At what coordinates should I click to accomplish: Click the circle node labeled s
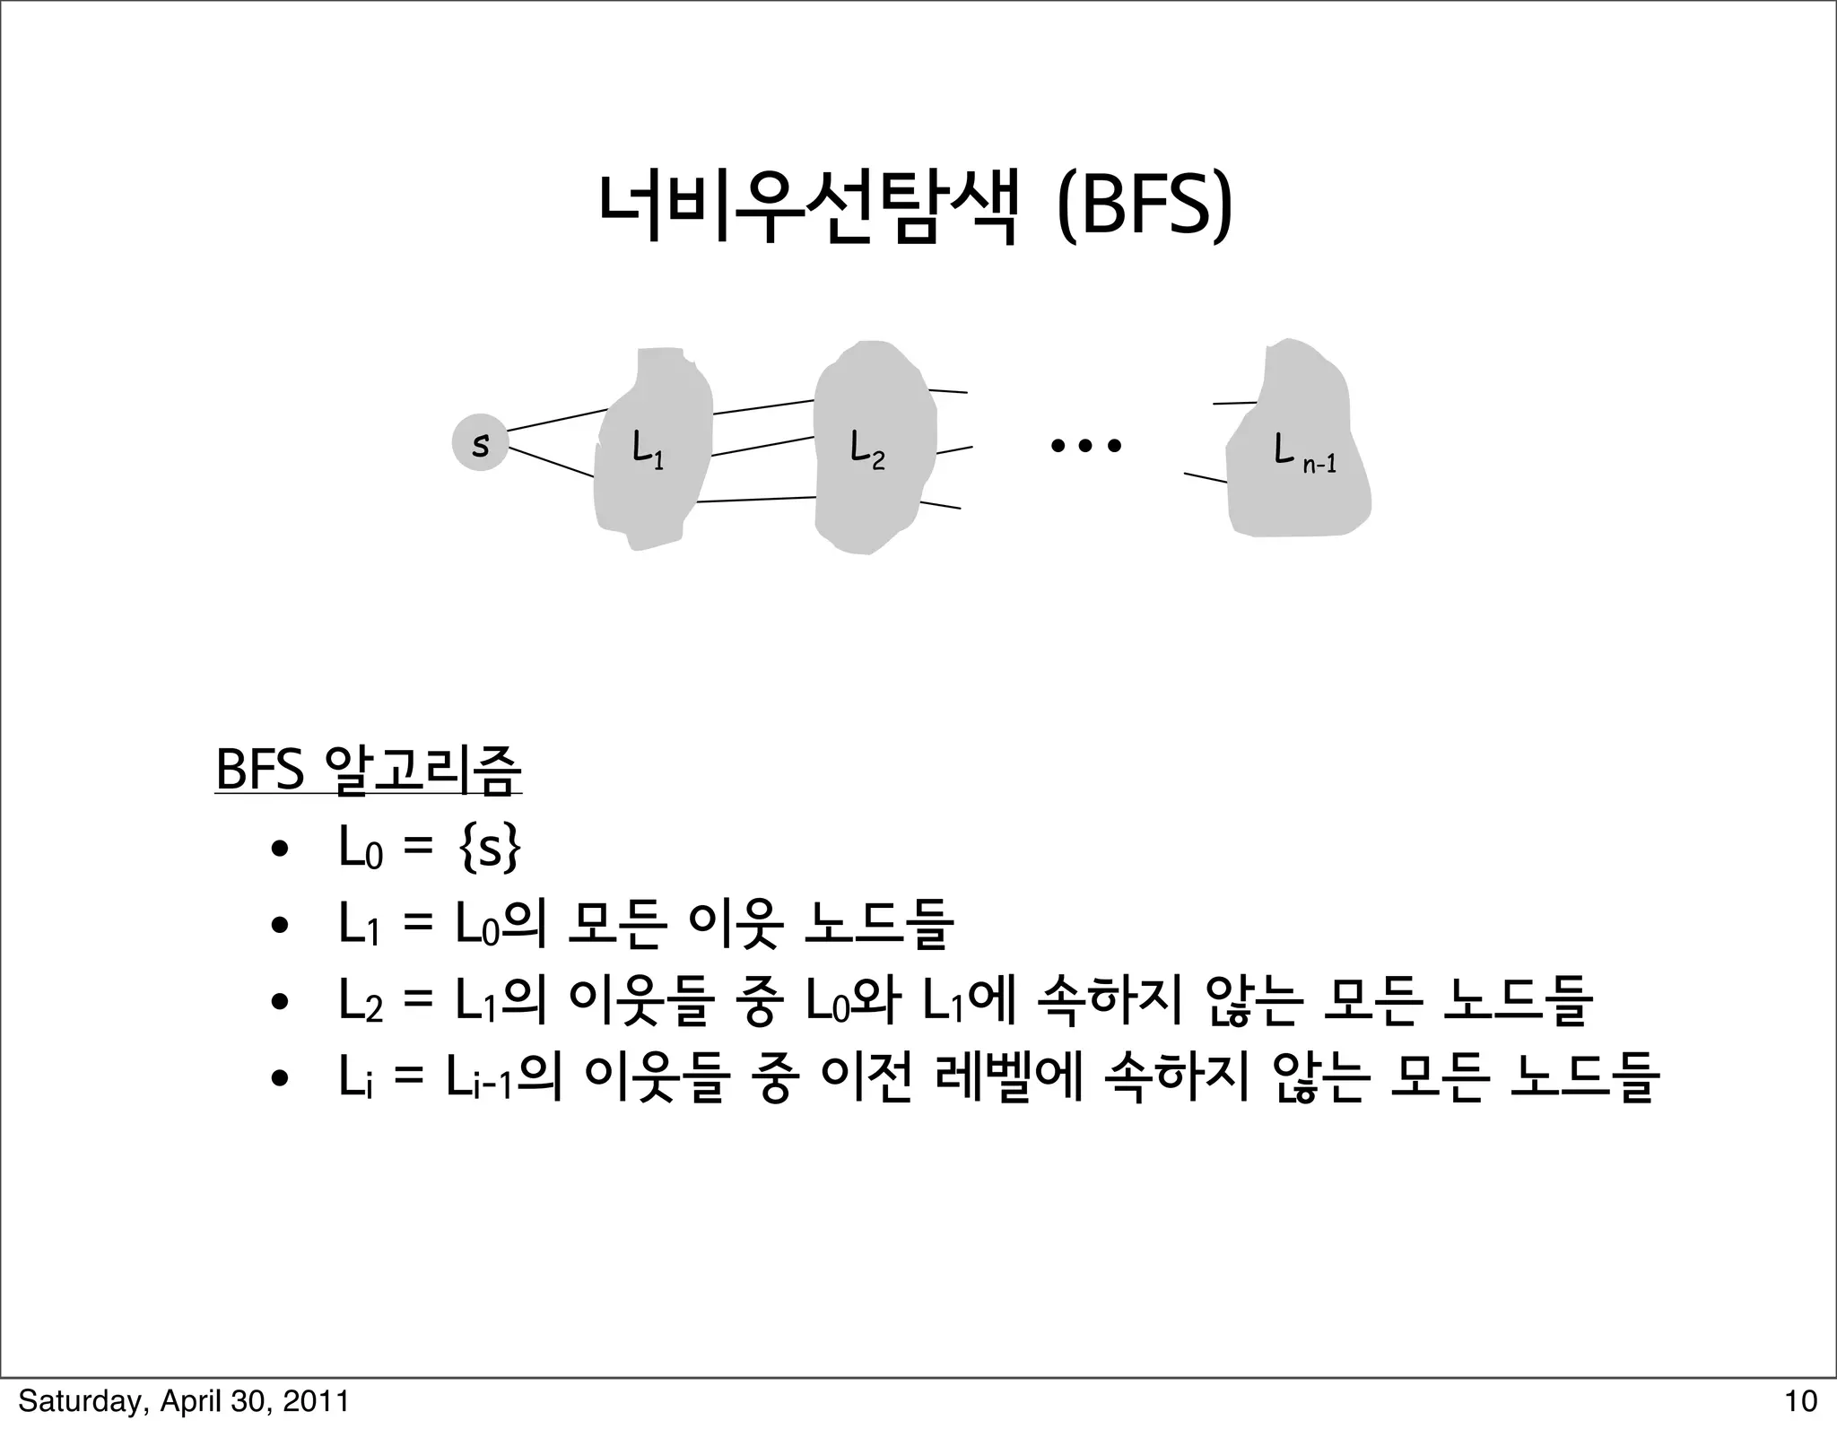(481, 443)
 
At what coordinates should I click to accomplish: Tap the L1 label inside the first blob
(647, 449)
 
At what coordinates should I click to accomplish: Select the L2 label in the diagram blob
(866, 449)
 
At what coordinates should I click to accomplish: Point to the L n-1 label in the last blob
(1304, 452)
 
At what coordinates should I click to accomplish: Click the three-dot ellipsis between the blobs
(1085, 445)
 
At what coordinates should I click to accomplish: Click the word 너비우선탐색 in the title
(809, 209)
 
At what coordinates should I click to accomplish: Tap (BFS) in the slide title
(1144, 209)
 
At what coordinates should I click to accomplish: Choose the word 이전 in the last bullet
(866, 1076)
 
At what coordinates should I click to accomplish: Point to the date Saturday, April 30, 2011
(184, 1400)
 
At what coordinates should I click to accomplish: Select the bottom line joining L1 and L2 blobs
(755, 500)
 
